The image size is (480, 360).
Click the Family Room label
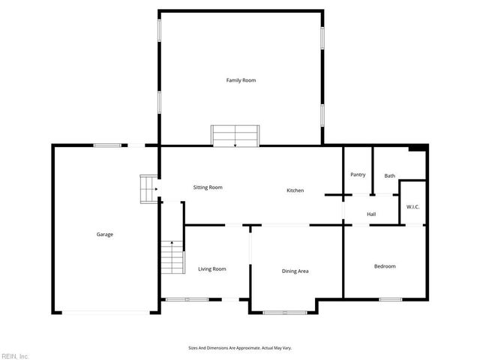[241, 79]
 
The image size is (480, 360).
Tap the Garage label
[104, 235]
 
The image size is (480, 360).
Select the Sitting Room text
[208, 187]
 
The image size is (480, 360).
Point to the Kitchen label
[295, 190]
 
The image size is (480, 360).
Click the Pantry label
[358, 175]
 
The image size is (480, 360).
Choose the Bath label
[389, 175]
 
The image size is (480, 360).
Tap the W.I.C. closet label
[412, 206]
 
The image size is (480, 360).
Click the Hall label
[370, 214]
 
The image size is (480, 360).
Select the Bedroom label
[385, 266]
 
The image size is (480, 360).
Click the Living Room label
[212, 268]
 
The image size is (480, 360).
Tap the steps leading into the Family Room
[235, 136]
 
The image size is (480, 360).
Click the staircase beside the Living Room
[172, 257]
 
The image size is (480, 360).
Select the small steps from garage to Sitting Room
[148, 189]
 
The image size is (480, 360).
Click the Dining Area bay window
[284, 310]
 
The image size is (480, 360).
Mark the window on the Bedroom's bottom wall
[390, 299]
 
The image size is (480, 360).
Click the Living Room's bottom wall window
[187, 299]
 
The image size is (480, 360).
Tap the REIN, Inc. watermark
[15, 355]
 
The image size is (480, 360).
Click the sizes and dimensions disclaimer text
[240, 348]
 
